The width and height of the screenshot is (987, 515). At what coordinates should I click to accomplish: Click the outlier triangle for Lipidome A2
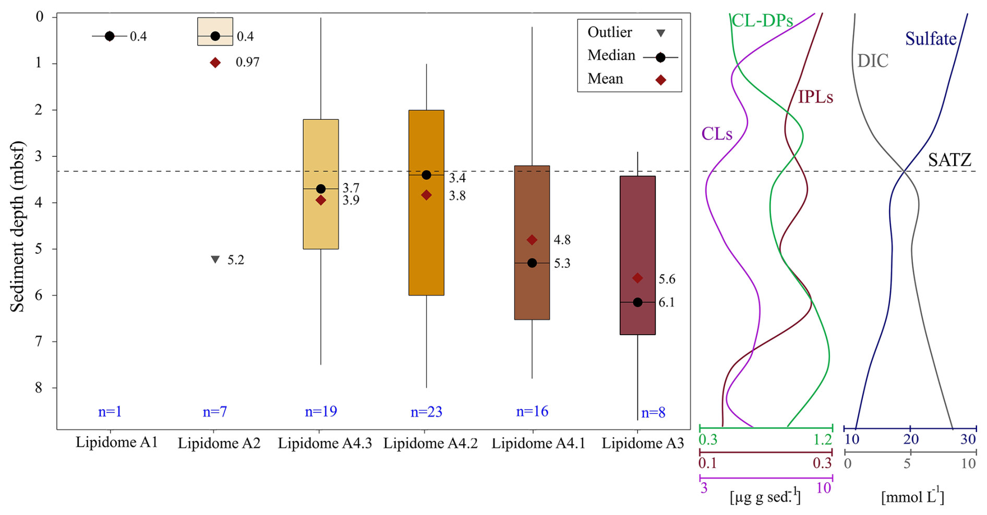pyautogui.click(x=215, y=259)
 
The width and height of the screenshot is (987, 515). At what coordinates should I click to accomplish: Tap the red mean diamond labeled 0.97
pyautogui.click(x=215, y=63)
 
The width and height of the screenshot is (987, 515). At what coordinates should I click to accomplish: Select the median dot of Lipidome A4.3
pyautogui.click(x=321, y=189)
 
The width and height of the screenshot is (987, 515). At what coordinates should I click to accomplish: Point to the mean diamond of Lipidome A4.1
pyautogui.click(x=532, y=240)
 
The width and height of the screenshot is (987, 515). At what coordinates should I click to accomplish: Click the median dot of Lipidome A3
pyautogui.click(x=637, y=302)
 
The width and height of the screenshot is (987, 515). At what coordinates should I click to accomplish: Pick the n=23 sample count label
pyautogui.click(x=426, y=412)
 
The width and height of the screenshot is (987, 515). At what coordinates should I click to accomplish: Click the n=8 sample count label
pyautogui.click(x=653, y=413)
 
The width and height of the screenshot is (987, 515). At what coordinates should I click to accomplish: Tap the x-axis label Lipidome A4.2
pyautogui.click(x=430, y=443)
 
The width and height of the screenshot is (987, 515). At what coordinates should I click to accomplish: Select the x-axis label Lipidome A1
pyautogui.click(x=116, y=443)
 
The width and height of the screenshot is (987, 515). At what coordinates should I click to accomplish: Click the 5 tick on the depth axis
pyautogui.click(x=40, y=249)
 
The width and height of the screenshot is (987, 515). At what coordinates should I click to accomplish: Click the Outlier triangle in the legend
pyautogui.click(x=660, y=33)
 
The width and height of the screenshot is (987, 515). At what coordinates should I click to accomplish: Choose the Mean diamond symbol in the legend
pyautogui.click(x=660, y=80)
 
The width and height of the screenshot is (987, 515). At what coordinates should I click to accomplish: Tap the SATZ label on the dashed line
pyautogui.click(x=949, y=160)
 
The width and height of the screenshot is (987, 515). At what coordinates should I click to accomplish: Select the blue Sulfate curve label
pyautogui.click(x=931, y=39)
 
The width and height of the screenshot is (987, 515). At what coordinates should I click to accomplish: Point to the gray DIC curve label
pyautogui.click(x=873, y=61)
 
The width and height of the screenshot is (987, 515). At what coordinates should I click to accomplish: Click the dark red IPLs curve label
pyautogui.click(x=815, y=97)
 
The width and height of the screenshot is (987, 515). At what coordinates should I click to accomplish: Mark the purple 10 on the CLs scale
pyautogui.click(x=823, y=488)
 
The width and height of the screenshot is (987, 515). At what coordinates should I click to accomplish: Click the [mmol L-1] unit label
pyautogui.click(x=912, y=497)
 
